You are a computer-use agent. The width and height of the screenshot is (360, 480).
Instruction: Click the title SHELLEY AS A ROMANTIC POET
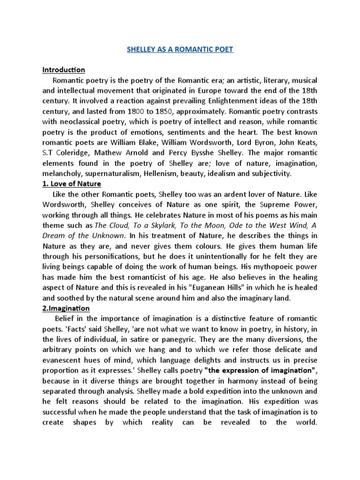[x=180, y=50]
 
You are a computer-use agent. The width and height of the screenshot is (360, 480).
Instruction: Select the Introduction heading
[x=64, y=70]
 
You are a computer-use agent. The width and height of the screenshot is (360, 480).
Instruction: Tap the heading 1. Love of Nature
[x=71, y=184]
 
